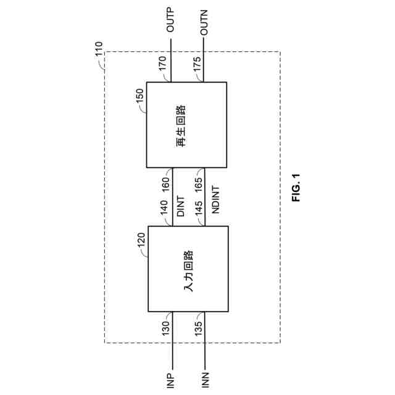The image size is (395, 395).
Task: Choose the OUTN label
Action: (x=206, y=22)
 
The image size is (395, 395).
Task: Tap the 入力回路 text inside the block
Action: (x=188, y=268)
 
